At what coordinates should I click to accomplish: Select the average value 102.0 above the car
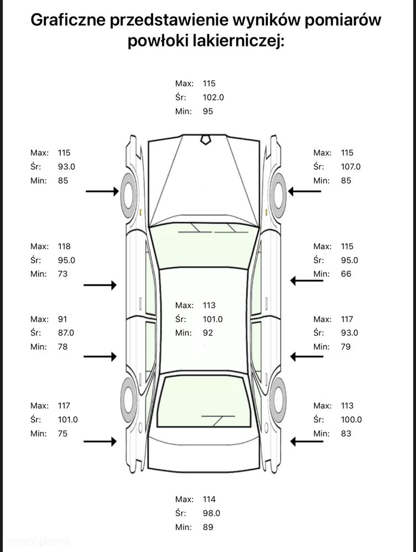point(213,97)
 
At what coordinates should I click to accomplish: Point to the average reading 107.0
point(351,166)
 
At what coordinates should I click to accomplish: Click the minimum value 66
point(346,274)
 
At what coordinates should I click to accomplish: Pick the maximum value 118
point(64,246)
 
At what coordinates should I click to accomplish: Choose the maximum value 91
point(62,319)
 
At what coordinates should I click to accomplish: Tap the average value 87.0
point(66,333)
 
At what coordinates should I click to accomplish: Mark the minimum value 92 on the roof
point(208,333)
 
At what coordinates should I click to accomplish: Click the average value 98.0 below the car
point(211,513)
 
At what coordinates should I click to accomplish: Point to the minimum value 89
point(208,527)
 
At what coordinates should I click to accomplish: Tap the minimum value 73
point(62,274)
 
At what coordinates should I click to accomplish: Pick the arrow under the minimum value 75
point(100,441)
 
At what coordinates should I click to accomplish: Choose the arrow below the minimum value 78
point(100,356)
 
